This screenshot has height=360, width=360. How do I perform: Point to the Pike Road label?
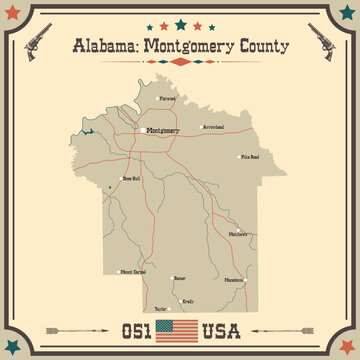point(249,157)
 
